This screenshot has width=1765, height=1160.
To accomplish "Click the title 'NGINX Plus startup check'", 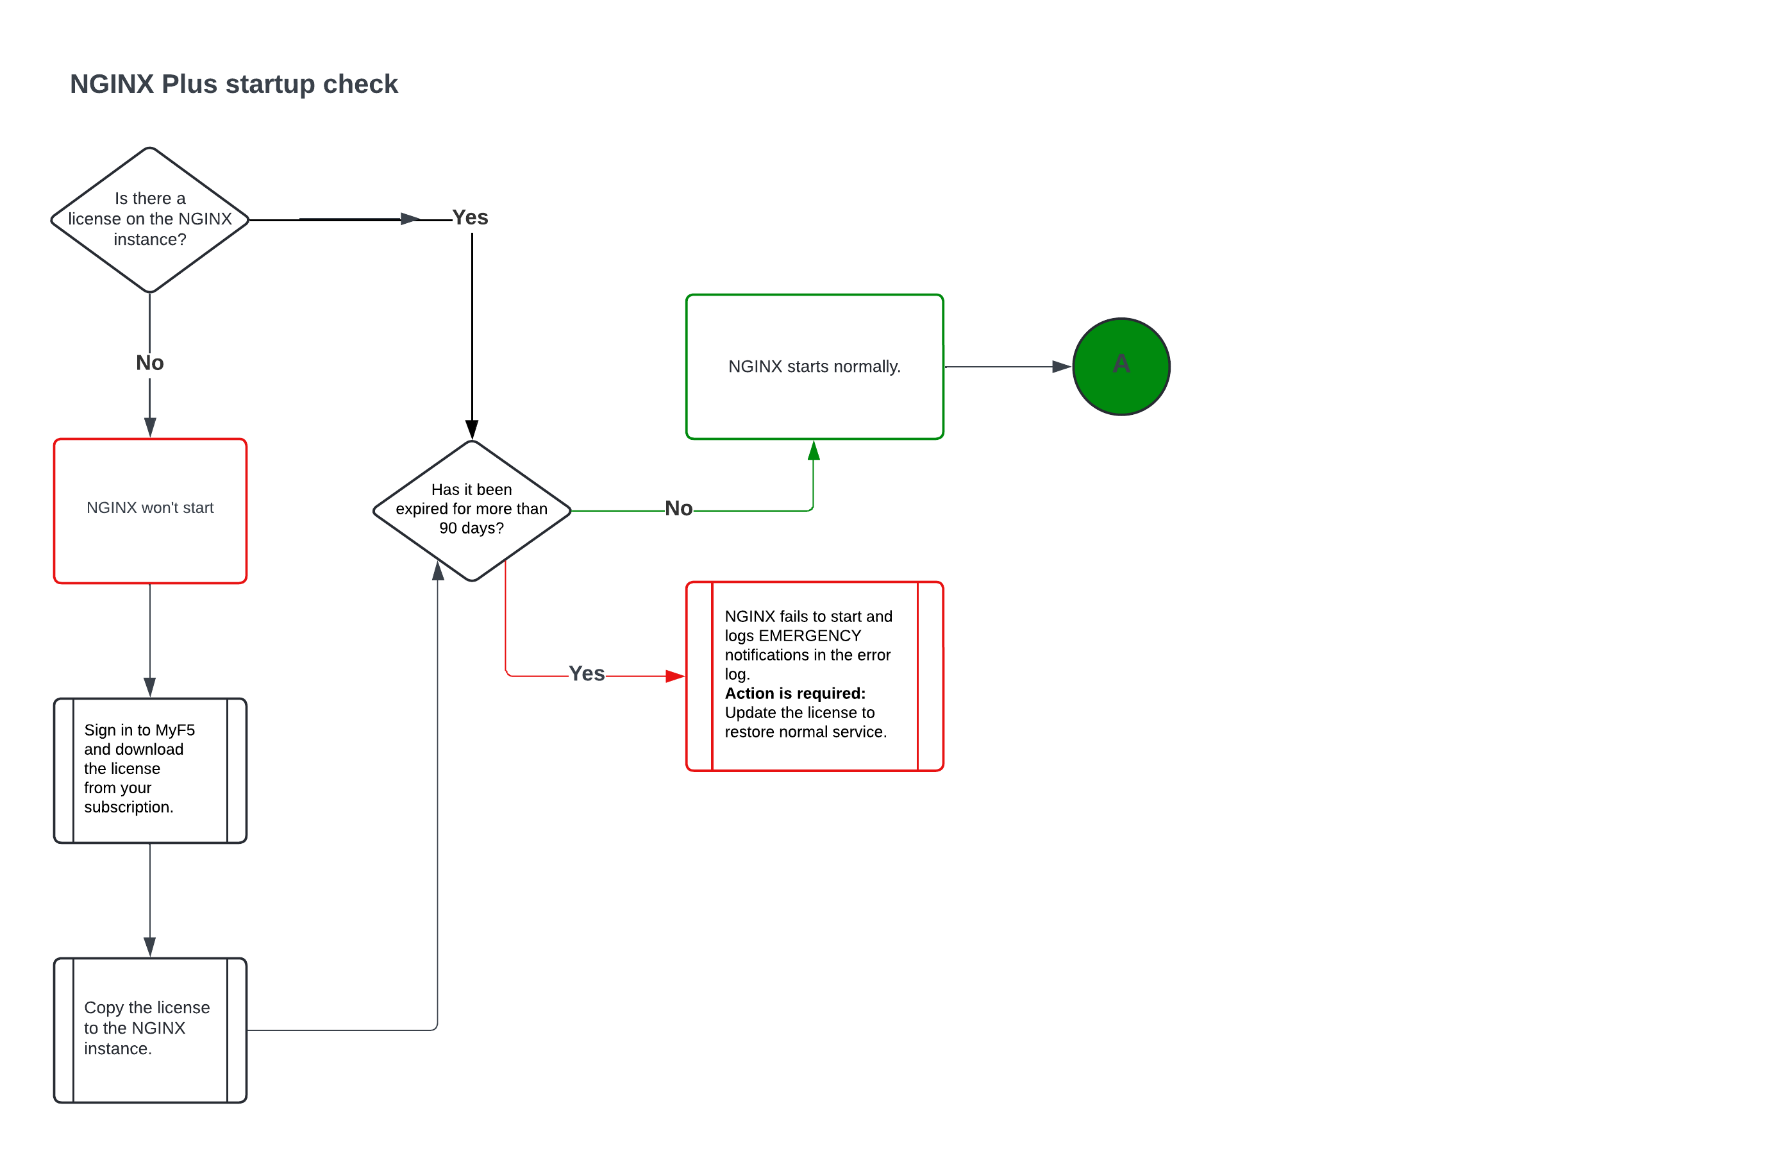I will coord(233,85).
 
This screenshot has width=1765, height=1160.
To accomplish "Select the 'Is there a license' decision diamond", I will coord(150,219).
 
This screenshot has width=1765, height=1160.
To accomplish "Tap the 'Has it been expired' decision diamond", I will coord(472,510).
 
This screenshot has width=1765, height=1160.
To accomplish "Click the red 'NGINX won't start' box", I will coord(150,510).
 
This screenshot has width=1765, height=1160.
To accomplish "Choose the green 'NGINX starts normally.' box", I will coord(814,366).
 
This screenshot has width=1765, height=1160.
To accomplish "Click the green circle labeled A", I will coord(1121,366).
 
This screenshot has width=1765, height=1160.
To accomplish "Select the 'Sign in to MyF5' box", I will coord(150,770).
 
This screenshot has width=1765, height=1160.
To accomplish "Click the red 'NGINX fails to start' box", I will coord(814,676).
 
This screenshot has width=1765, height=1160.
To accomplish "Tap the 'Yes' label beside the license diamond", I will coord(470,217).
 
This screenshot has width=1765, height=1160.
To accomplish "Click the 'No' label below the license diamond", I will coord(150,363).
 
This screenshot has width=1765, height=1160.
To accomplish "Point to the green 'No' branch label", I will coord(678,509).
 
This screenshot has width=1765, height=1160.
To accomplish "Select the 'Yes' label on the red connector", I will coord(587,673).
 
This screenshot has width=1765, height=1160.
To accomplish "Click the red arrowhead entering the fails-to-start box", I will coord(675,677).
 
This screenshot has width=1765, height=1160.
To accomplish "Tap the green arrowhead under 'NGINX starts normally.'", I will coord(814,450).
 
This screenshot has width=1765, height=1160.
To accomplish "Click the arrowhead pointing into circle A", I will coord(1061,366).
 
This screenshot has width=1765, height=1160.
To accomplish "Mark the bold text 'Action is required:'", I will coord(795,693).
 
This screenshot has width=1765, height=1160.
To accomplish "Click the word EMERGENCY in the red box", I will coord(809,635).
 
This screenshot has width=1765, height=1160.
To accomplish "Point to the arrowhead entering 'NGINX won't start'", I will coord(150,427).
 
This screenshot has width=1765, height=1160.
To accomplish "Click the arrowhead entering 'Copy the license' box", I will coord(150,946).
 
